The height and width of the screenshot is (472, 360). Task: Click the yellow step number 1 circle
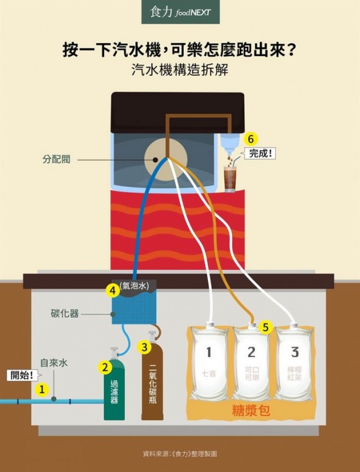[41, 389]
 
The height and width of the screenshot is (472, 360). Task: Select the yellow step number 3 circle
[144, 346]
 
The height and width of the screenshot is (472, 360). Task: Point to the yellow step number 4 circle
[113, 291]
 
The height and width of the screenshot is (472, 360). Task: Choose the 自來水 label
[54, 362]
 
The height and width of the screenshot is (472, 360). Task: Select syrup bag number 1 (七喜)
[208, 362]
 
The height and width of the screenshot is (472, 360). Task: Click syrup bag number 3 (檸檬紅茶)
[295, 362]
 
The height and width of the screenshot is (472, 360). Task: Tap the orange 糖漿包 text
[251, 410]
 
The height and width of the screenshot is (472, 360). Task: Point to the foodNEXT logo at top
[181, 12]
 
